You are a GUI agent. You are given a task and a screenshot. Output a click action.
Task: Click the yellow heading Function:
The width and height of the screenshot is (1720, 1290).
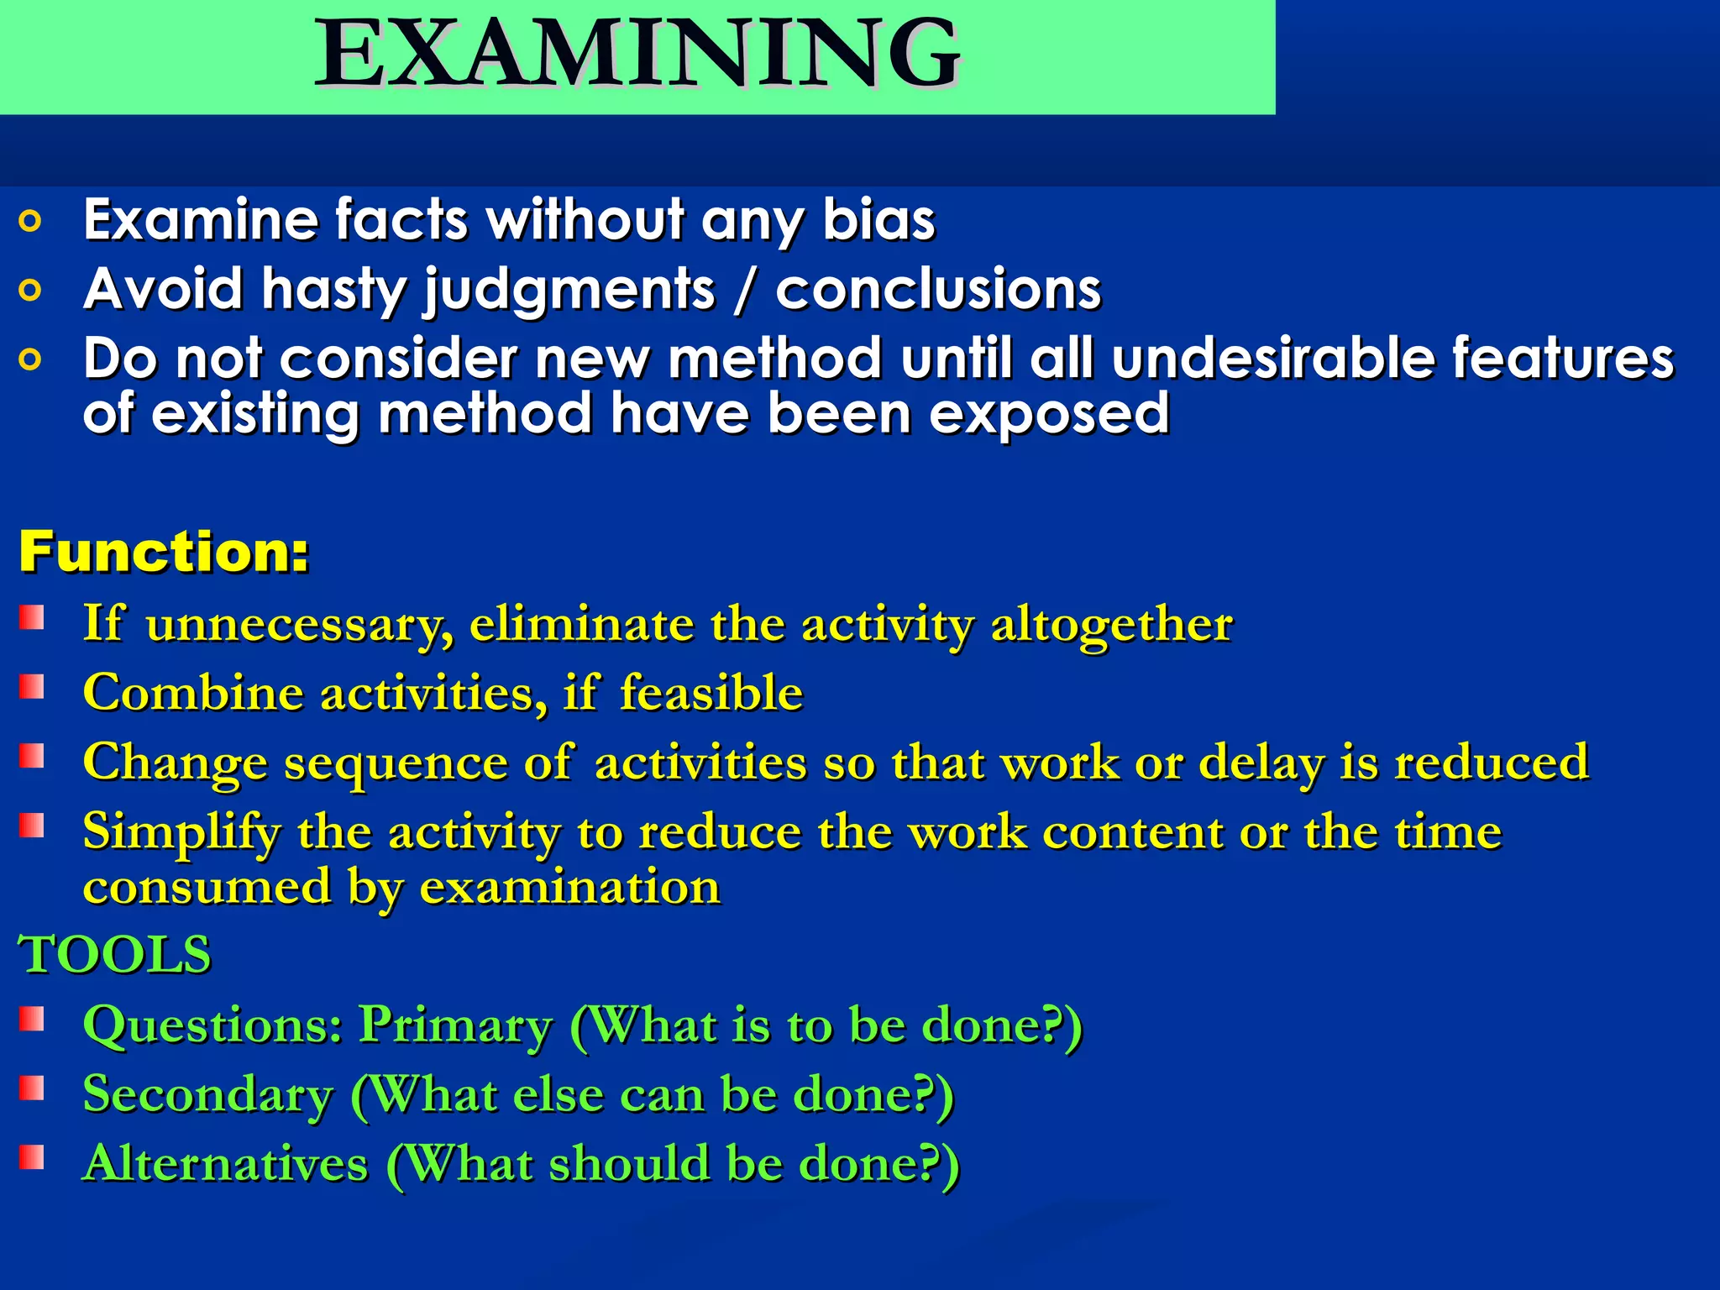[165, 553]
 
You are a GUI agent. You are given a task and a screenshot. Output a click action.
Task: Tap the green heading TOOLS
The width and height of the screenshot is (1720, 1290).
[115, 955]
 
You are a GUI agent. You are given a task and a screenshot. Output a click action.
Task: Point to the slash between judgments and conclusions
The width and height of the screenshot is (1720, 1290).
[744, 290]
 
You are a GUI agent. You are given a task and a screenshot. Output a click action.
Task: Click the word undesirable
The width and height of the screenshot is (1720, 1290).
[1272, 359]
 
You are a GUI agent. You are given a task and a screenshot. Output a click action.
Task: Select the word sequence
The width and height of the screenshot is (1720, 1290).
[395, 764]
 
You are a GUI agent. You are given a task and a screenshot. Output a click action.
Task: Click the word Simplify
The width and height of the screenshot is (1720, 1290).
[181, 833]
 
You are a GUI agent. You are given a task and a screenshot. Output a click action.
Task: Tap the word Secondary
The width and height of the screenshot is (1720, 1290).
[208, 1095]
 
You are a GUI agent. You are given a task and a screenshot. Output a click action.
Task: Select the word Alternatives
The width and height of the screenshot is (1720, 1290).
[226, 1164]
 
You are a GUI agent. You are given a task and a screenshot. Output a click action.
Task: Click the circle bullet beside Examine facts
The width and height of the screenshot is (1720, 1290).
[30, 222]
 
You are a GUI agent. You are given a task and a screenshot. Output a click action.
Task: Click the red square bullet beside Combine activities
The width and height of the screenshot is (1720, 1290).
[31, 688]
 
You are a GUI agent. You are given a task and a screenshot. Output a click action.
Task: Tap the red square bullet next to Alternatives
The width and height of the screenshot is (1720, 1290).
[31, 1158]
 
